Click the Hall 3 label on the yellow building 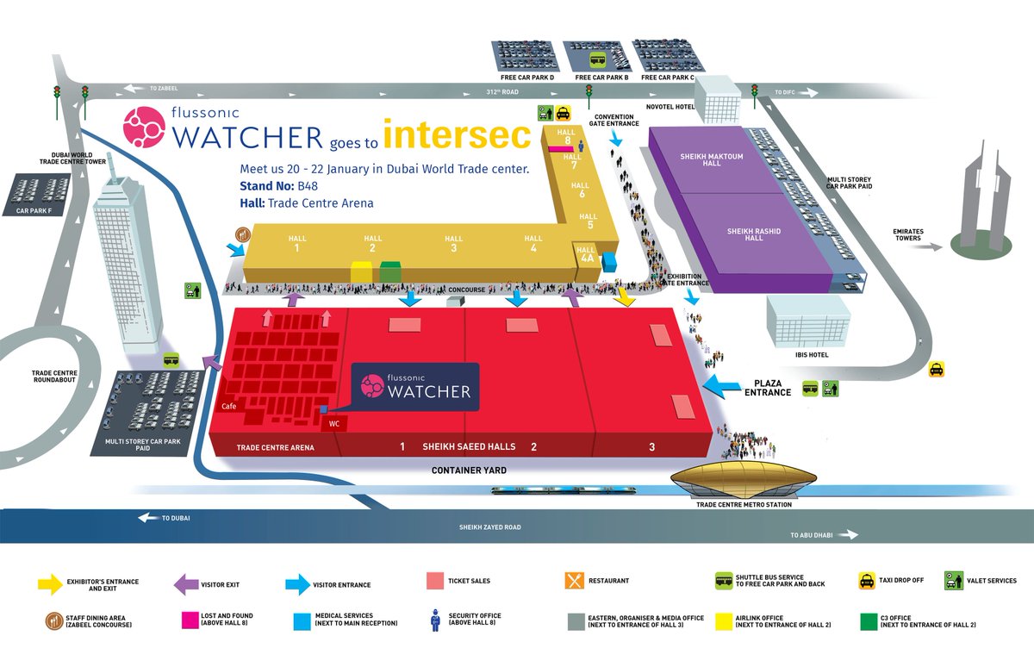453,243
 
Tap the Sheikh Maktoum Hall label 711,160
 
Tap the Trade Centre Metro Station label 743,504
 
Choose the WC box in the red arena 334,423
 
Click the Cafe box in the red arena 229,407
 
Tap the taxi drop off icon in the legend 866,581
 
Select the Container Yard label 469,471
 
